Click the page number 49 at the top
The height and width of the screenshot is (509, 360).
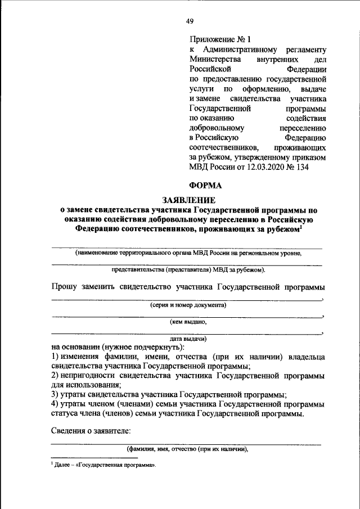[x=190, y=21]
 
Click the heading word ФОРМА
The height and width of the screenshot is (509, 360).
[x=205, y=186]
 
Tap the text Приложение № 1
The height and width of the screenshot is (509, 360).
[x=219, y=39]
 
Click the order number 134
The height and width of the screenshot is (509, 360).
[x=301, y=167]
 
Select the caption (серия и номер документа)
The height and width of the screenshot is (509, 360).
[x=188, y=305]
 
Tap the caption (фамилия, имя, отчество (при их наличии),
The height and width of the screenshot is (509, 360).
[x=187, y=449]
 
